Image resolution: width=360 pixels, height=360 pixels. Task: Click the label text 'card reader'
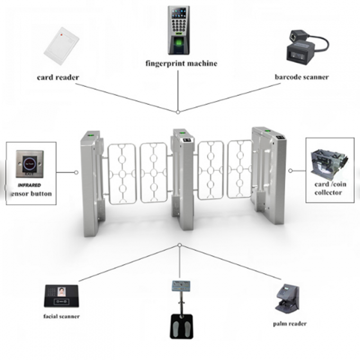click(58, 78)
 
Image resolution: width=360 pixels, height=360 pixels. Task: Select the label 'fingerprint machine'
click(181, 64)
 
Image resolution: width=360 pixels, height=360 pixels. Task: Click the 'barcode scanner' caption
click(301, 77)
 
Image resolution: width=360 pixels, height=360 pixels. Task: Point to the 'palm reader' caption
click(290, 323)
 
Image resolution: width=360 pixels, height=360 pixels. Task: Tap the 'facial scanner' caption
click(62, 316)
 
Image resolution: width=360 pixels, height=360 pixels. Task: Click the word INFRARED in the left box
click(29, 185)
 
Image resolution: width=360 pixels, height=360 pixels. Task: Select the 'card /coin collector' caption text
click(328, 189)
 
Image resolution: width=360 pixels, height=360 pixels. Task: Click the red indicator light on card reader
click(63, 33)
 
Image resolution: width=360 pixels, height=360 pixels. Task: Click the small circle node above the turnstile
click(178, 111)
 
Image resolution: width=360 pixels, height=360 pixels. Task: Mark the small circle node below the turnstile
click(180, 245)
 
